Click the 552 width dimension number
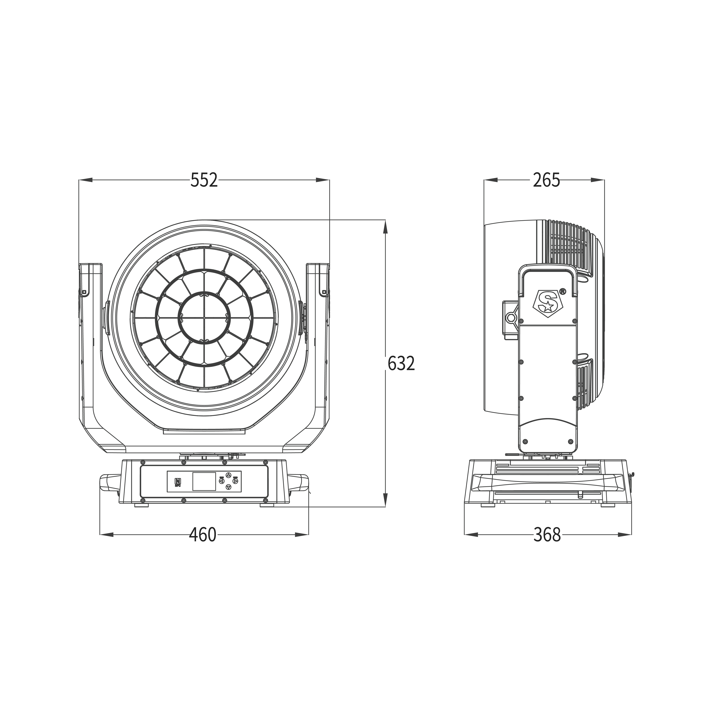pyautogui.click(x=204, y=180)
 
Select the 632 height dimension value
pyautogui.click(x=401, y=363)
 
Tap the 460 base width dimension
pyautogui.click(x=203, y=535)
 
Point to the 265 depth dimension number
pyautogui.click(x=546, y=180)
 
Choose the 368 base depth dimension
pyautogui.click(x=547, y=535)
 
